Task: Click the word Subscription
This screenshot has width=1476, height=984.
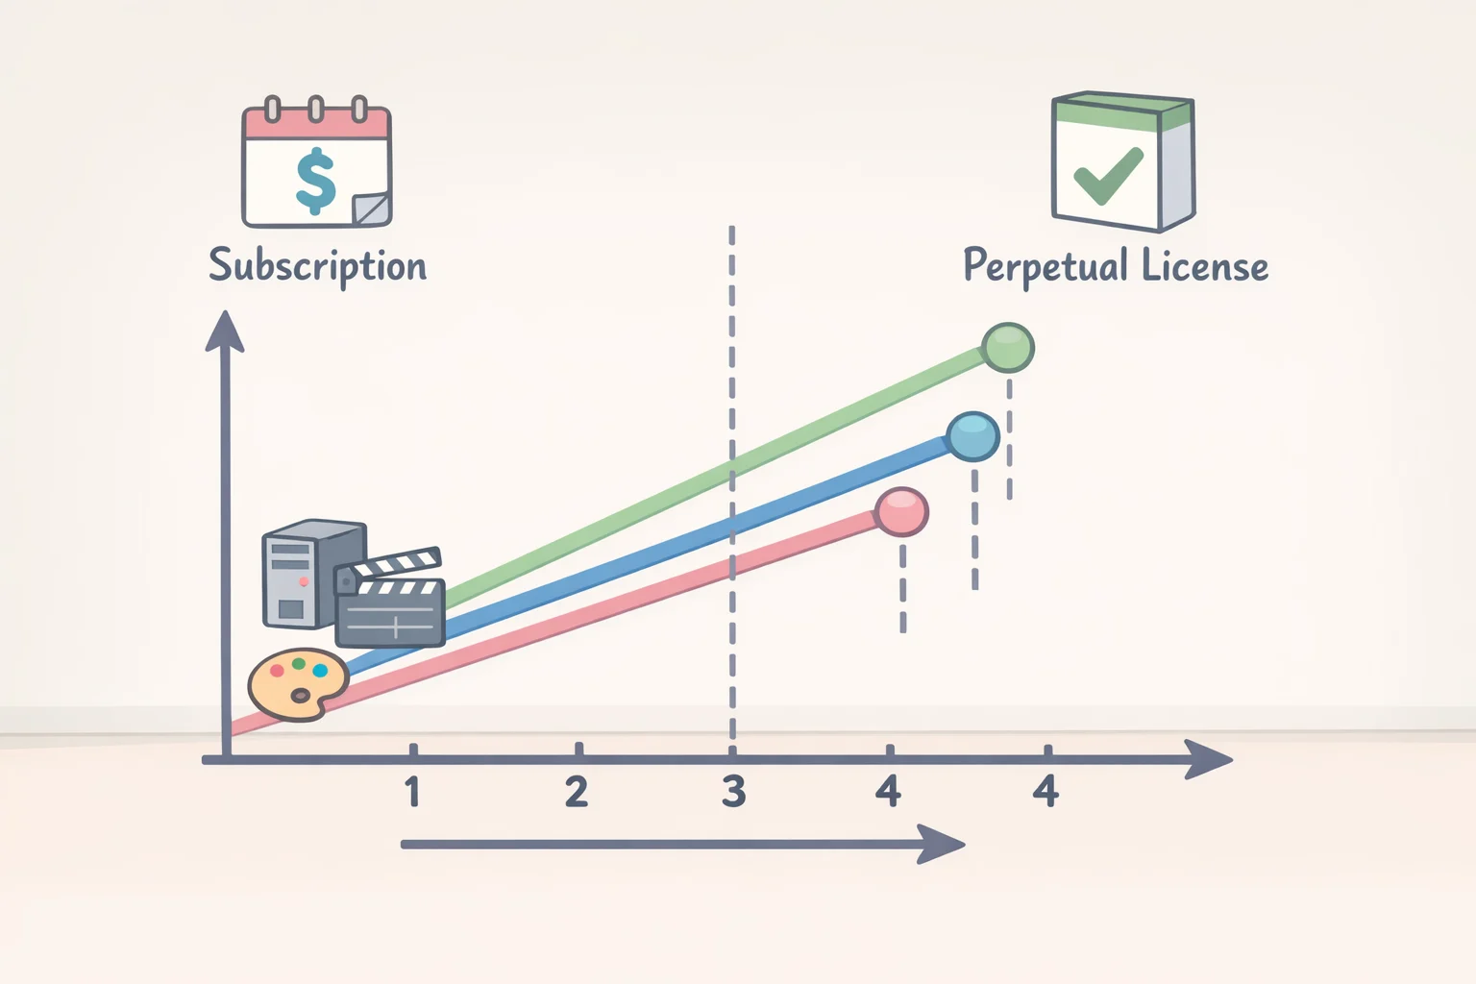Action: coord(318,266)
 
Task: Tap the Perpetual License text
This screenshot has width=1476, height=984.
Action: coord(1116,266)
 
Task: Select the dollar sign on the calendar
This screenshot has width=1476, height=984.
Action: coord(316,182)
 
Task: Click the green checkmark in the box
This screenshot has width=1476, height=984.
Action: coord(1108,175)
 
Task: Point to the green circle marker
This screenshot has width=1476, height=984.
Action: coord(1007,348)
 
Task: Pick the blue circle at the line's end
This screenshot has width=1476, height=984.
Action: coord(972,436)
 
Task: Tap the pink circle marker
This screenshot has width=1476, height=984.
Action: coord(902,512)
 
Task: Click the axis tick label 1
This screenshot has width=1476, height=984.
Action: coord(412,792)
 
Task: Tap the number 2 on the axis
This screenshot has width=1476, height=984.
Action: coord(577,792)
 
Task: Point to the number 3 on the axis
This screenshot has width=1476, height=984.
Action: coord(733,792)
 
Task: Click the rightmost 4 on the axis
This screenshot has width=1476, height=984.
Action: coord(1045,792)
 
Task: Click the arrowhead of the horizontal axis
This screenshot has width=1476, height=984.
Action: coord(1209,759)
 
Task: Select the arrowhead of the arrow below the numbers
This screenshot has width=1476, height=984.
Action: coord(941,845)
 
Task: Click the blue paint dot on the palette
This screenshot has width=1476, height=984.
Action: coord(320,671)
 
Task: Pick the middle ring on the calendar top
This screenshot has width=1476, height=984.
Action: coord(316,110)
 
